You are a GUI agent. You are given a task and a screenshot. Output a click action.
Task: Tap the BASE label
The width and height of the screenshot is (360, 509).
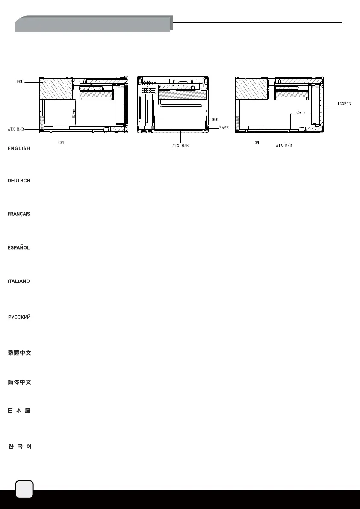[x=224, y=128]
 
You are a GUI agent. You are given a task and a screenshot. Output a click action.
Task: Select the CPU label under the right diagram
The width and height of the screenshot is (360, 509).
[x=257, y=142]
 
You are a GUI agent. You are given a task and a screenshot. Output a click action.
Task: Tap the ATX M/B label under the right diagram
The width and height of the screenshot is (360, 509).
[x=284, y=146]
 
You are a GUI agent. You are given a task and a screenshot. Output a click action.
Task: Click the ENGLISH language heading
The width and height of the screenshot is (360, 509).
[x=19, y=148]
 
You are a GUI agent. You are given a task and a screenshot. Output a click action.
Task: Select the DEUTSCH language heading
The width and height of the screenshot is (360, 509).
[x=19, y=181]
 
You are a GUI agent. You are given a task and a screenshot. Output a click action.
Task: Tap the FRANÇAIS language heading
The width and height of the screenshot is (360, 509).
[x=19, y=214]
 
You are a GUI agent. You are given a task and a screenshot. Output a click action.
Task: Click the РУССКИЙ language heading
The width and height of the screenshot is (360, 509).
[x=19, y=318]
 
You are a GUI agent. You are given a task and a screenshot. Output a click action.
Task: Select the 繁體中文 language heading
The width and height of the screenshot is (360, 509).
[x=19, y=353]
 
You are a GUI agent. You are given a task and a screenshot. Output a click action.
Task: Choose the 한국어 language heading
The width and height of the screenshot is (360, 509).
[x=19, y=447]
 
